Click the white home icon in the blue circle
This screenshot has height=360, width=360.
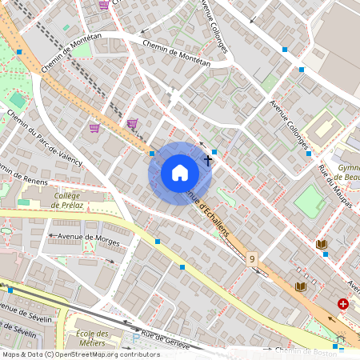click(179, 173)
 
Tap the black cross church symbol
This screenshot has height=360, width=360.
click(209, 159)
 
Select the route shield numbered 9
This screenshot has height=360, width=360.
click(252, 259)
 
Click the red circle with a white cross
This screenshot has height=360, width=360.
click(343, 304)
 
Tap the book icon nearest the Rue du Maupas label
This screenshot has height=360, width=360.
click(322, 244)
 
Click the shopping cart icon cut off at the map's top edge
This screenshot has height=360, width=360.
click(104, 3)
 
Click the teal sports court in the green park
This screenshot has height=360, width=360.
click(18, 100)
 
